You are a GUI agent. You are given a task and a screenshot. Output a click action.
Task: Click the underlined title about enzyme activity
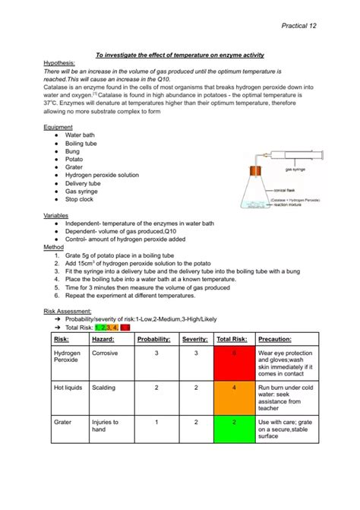pyautogui.click(x=179, y=55)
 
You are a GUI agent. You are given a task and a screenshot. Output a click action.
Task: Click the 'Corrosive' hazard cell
pyautogui.click(x=105, y=353)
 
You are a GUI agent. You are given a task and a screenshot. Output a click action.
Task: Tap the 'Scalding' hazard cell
pyautogui.click(x=104, y=387)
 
